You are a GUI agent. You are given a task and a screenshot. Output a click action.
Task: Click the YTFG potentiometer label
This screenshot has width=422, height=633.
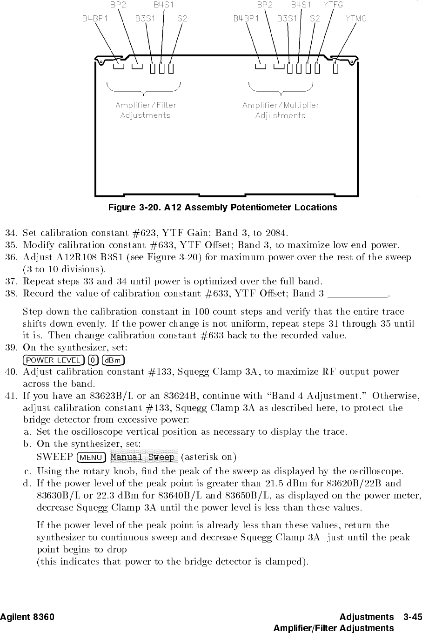333,5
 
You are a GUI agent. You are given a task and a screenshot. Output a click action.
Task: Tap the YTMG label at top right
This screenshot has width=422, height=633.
356,19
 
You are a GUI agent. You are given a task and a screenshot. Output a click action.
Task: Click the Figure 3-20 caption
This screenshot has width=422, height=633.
222,207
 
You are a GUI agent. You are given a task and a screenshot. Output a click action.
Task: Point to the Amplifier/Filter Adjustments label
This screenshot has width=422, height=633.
146,110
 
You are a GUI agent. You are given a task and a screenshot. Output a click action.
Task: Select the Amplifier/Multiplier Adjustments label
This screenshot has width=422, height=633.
281,110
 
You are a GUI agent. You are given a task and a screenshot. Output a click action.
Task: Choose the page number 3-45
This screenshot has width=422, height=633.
413,617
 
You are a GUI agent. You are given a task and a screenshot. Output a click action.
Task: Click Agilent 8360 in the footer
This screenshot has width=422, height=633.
27,617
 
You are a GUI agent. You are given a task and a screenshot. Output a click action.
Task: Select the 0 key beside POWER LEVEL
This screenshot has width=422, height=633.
94,360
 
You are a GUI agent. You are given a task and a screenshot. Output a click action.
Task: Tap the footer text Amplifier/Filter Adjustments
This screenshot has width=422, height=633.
334,628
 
